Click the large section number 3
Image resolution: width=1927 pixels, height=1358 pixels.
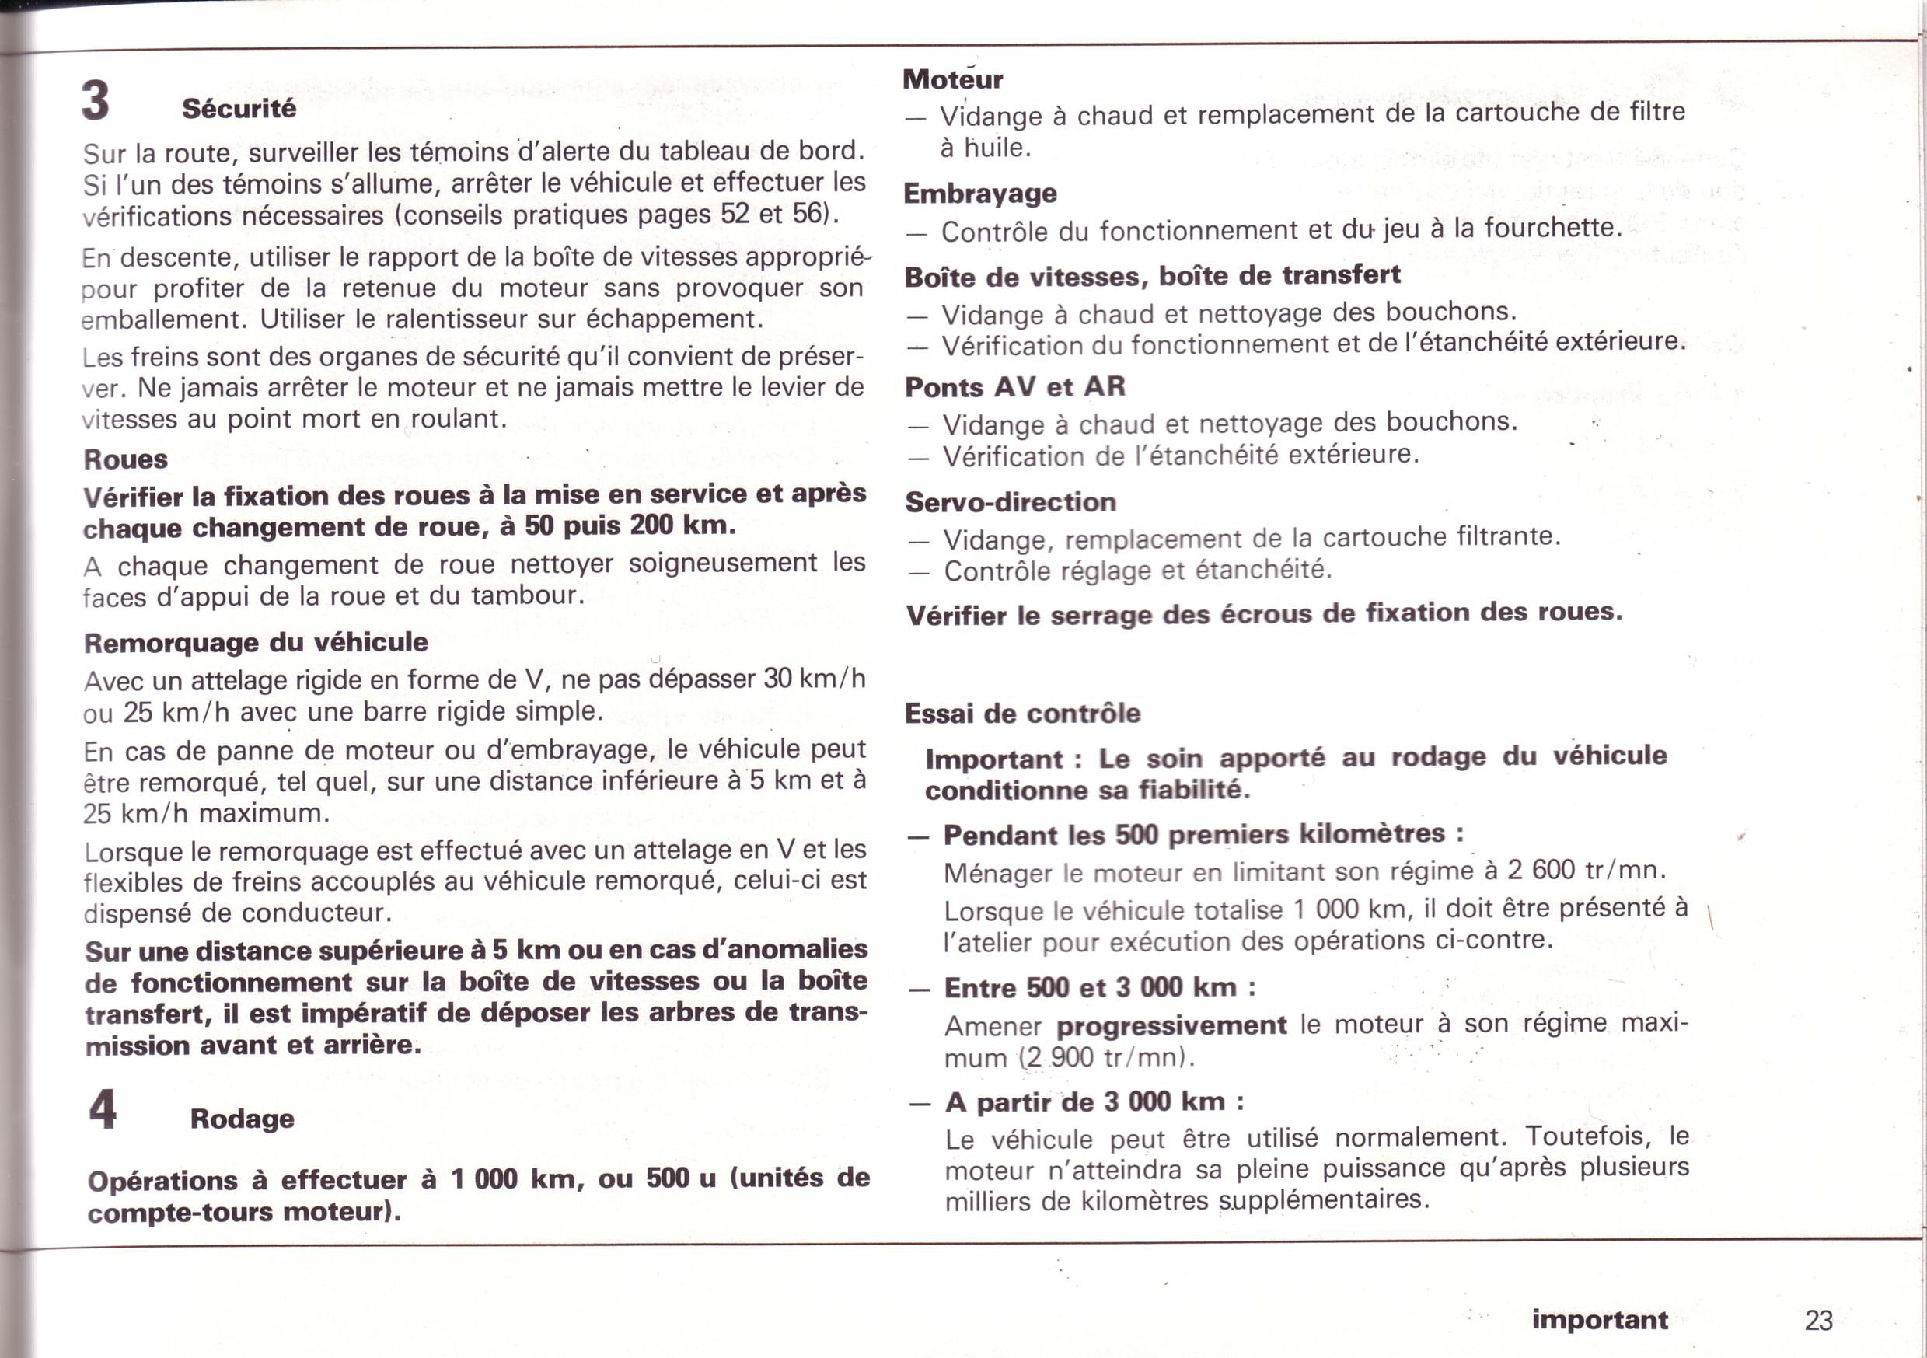(x=96, y=101)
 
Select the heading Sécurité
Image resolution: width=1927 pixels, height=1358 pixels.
(x=239, y=108)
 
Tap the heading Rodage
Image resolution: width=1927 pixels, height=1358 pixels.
(x=242, y=1119)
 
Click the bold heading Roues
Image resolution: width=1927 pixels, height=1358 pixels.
(x=125, y=459)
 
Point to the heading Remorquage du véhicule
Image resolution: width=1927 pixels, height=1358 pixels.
(x=256, y=643)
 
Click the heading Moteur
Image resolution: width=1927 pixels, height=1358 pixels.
(x=952, y=80)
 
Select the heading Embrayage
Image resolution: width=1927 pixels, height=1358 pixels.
(x=979, y=194)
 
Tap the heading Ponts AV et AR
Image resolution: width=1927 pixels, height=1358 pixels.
(x=1014, y=387)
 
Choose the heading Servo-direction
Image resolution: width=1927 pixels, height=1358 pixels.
(x=1011, y=502)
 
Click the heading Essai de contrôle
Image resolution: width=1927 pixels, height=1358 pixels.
(x=1022, y=714)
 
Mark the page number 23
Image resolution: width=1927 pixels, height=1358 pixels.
(x=1819, y=1320)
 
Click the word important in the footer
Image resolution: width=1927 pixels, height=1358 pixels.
(x=1600, y=1320)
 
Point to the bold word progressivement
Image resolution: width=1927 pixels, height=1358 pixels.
(x=1171, y=1025)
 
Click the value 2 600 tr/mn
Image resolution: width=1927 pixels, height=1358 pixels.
(x=1586, y=870)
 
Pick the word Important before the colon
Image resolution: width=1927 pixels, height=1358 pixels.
(x=993, y=759)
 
